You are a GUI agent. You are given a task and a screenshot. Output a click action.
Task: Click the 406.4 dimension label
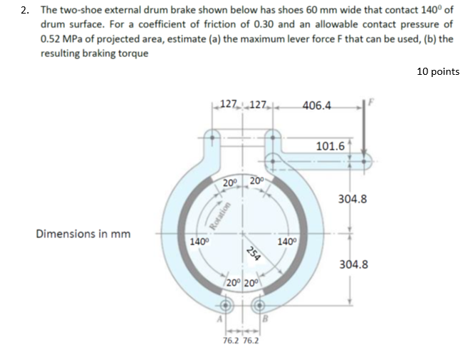coord(317,106)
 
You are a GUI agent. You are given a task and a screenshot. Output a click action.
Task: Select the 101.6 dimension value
coord(330,146)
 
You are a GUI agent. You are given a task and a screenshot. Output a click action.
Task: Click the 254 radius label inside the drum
coord(251,254)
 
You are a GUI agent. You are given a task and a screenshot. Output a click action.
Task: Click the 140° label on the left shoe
coord(199,241)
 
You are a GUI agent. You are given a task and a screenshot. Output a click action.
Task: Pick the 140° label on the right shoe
coord(288,241)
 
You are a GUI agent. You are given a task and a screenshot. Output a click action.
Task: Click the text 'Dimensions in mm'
coord(83,234)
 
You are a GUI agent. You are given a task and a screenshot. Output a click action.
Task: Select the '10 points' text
coord(436,71)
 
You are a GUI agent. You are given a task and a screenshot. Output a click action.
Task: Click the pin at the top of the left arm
coord(212,136)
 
